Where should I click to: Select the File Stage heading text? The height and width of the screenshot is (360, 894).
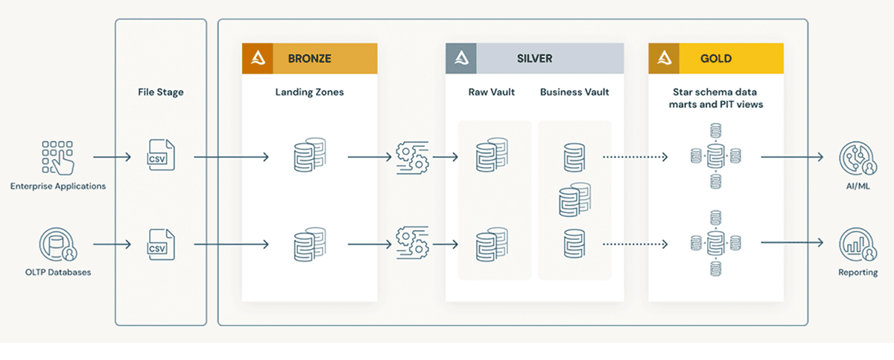click(x=160, y=92)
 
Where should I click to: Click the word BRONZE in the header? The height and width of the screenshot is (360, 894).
click(x=309, y=58)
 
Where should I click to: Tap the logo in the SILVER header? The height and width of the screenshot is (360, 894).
click(x=460, y=58)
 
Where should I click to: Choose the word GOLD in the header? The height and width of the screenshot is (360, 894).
click(x=715, y=58)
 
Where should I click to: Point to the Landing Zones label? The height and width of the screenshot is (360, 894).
click(x=309, y=92)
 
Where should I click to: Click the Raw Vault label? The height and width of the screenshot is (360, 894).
click(x=492, y=92)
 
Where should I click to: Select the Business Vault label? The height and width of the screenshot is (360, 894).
click(x=574, y=92)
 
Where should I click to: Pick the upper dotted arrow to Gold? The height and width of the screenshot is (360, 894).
click(x=635, y=157)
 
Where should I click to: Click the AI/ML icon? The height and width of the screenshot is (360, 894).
click(x=855, y=158)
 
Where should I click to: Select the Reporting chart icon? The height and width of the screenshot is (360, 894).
click(x=855, y=244)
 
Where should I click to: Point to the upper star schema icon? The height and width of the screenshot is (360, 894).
click(x=715, y=157)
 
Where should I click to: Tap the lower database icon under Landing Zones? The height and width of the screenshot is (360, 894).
click(x=309, y=244)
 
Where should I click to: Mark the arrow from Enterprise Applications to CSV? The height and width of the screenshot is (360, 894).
click(x=112, y=157)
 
